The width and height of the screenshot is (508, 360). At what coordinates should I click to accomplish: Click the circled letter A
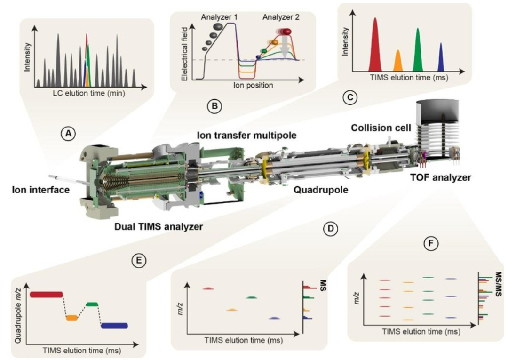69,134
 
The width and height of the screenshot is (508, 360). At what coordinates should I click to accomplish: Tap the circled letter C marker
350,98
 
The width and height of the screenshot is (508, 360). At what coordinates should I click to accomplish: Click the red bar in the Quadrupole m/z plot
46,294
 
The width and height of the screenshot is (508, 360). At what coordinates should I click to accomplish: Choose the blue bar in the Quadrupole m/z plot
114,326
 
